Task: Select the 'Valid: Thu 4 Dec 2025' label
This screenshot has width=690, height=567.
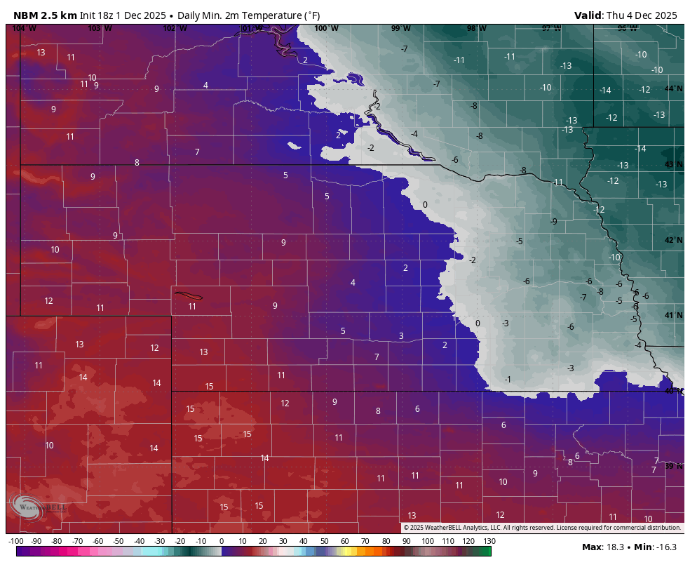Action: (625, 15)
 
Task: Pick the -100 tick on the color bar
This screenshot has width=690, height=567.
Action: (15, 541)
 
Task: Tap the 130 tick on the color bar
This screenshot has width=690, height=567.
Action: (489, 541)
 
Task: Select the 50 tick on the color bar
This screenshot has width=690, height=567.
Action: (324, 541)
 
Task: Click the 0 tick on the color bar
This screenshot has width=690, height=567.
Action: (222, 541)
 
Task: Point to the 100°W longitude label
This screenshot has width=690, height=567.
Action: (326, 28)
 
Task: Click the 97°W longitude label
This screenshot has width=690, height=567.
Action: (551, 28)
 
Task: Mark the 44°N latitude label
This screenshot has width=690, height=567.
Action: (673, 88)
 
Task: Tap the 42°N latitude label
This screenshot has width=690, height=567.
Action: (673, 240)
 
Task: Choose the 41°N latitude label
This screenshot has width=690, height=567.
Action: (673, 315)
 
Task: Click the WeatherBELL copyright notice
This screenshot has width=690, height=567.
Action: (542, 528)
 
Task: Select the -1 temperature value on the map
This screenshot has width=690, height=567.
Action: (508, 379)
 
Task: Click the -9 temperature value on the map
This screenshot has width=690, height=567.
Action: (554, 221)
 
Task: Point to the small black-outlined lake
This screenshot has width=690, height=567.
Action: (188, 295)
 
